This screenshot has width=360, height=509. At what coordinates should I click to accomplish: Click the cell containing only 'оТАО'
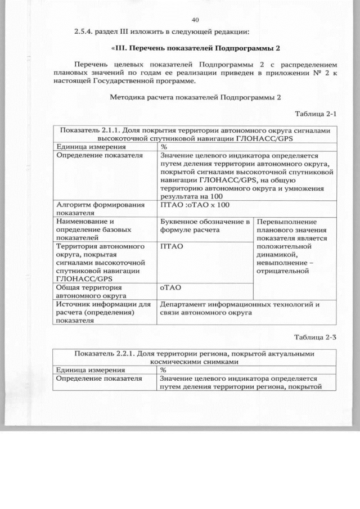[x=169, y=287]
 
